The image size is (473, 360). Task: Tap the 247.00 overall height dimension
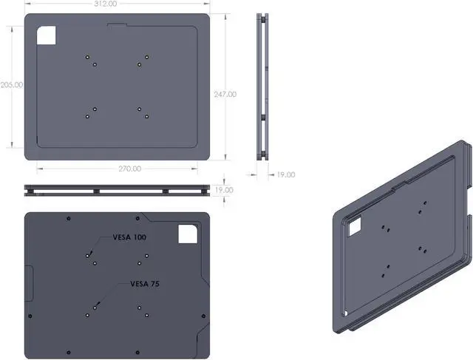225,94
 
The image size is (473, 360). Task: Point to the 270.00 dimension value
129,169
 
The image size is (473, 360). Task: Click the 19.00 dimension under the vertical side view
285,175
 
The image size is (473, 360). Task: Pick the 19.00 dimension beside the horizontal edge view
224,190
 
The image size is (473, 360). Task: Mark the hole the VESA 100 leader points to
87,255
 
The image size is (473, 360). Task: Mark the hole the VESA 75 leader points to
95,305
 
